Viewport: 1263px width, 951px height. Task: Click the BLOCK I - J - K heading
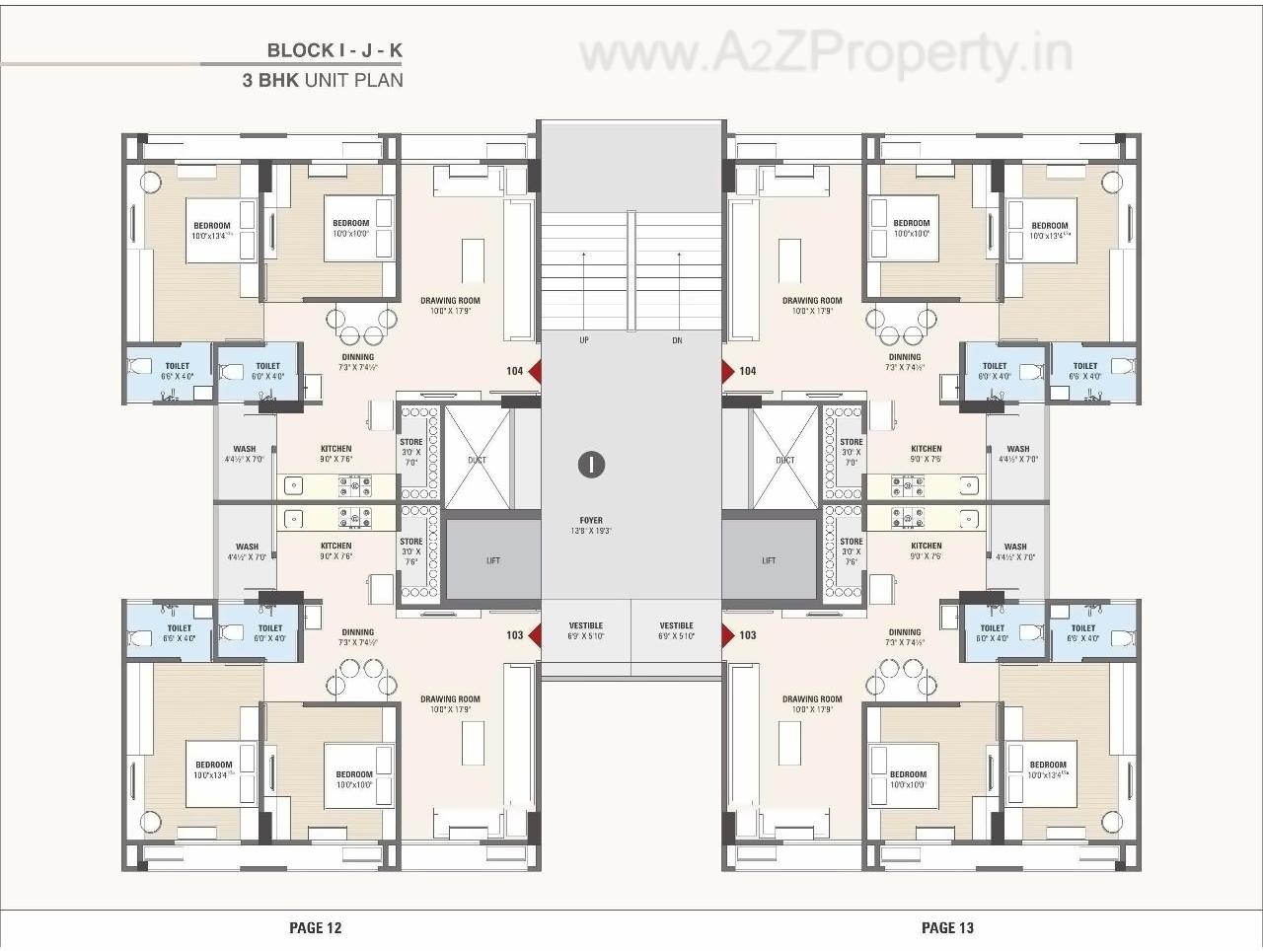pyautogui.click(x=334, y=50)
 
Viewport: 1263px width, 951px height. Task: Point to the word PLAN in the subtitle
pyautogui.click(x=380, y=80)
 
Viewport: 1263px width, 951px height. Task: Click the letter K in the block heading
pyautogui.click(x=396, y=50)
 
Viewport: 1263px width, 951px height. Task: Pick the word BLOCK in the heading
pyautogui.click(x=300, y=50)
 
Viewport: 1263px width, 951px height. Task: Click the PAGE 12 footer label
pyautogui.click(x=315, y=927)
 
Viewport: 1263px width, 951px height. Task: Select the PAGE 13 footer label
pyautogui.click(x=947, y=927)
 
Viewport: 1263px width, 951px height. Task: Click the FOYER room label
pyautogui.click(x=591, y=520)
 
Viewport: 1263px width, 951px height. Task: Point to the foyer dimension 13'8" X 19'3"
pyautogui.click(x=591, y=531)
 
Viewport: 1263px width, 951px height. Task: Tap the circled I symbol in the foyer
pyautogui.click(x=591, y=464)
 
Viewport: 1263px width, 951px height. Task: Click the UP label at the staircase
pyautogui.click(x=584, y=340)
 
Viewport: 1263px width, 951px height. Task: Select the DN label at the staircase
pyautogui.click(x=677, y=340)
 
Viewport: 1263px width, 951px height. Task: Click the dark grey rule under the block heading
pyautogui.click(x=301, y=64)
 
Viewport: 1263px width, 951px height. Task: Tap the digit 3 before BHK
pyautogui.click(x=249, y=80)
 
